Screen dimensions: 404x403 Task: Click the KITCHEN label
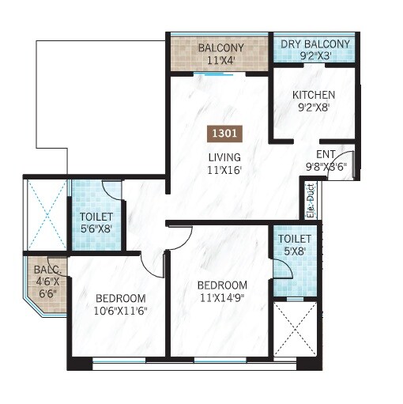click(313, 95)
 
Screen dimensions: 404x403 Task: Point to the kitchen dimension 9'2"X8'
click(313, 108)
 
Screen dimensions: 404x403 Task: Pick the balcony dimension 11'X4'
click(220, 59)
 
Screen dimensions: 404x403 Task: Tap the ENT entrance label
click(326, 153)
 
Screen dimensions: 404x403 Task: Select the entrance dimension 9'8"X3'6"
click(326, 166)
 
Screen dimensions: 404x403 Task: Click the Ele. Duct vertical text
click(310, 201)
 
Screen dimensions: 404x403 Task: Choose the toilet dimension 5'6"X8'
click(96, 230)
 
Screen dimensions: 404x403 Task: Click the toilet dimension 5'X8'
click(293, 252)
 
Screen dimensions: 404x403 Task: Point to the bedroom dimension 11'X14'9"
click(221, 298)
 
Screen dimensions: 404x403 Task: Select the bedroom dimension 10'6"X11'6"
click(120, 311)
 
